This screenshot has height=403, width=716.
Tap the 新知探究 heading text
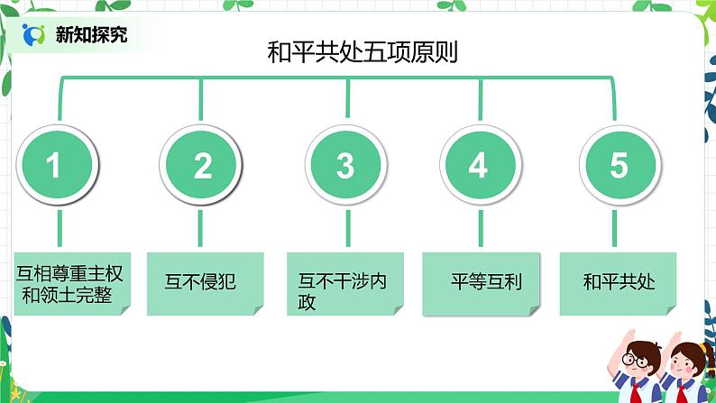pos(91,35)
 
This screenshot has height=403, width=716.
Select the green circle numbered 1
pos(54,165)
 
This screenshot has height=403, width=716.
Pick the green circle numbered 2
pos(202,165)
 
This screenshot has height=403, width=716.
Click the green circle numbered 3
pos(344,165)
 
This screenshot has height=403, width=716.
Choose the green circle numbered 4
pos(478,165)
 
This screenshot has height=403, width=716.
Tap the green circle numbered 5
pos(619,165)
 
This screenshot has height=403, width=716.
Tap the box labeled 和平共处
pos(619,282)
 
